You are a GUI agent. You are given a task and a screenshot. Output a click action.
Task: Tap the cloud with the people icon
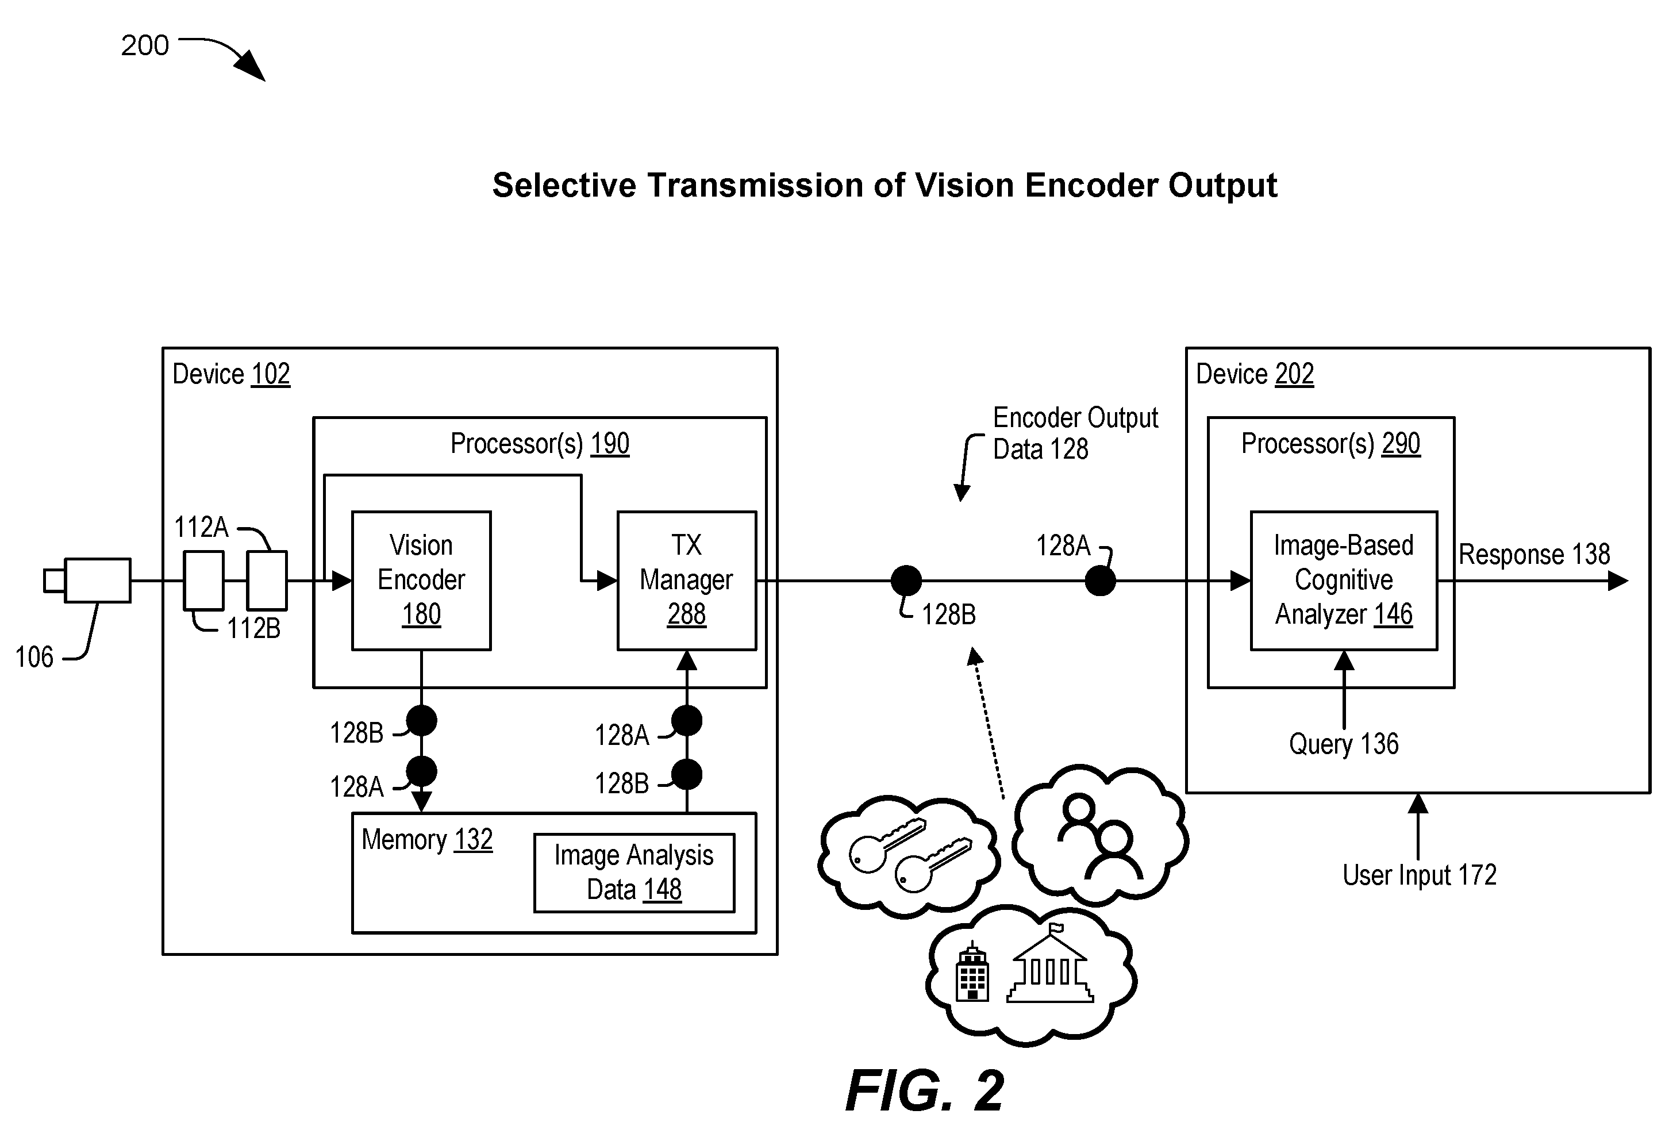click(1100, 833)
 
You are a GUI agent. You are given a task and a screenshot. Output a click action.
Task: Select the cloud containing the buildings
click(1030, 974)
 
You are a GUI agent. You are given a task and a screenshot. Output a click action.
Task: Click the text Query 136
click(1344, 743)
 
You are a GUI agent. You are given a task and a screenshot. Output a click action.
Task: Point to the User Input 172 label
click(1419, 875)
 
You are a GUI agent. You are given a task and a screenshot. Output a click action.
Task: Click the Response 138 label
click(1534, 554)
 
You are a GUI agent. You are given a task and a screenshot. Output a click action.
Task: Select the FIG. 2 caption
click(924, 1090)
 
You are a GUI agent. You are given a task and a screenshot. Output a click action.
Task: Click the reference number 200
click(144, 45)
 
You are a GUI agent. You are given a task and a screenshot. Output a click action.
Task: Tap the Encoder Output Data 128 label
click(1075, 433)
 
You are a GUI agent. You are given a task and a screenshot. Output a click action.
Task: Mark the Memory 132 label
click(426, 839)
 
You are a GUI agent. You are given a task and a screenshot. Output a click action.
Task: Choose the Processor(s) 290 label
click(1330, 443)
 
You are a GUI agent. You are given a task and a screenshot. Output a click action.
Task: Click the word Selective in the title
click(564, 185)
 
